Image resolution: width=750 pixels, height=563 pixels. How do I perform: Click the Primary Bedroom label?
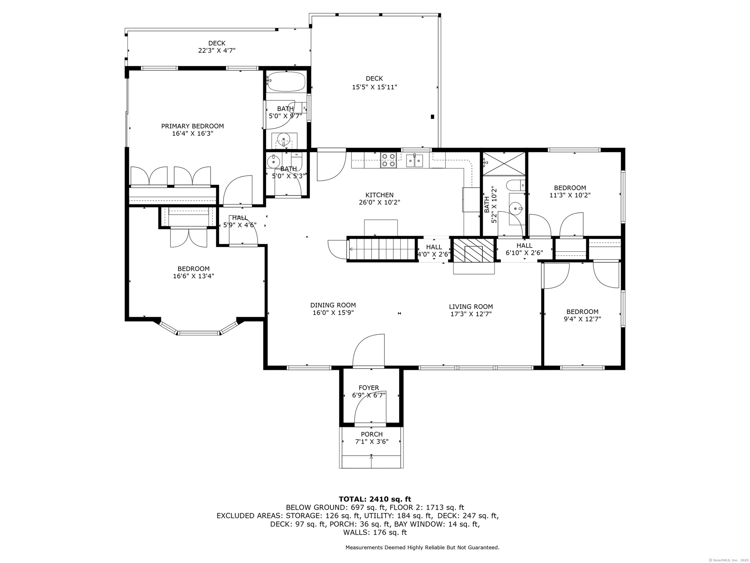coord(193,126)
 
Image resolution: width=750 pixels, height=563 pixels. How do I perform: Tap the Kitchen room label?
coord(379,195)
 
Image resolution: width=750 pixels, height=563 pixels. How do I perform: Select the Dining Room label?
coord(333,305)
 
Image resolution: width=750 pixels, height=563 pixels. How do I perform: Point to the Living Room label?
coord(471,307)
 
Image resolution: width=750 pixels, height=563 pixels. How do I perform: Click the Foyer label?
coord(369,388)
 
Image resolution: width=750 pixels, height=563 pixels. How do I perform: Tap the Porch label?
coord(371,434)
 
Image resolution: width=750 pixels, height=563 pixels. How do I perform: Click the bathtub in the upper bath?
coord(286,81)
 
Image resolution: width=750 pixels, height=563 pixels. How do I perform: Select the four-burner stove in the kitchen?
coord(389,160)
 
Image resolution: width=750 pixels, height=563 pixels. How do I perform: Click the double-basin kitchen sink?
coord(414,160)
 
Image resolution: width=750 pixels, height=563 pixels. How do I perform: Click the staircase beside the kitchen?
coord(382,249)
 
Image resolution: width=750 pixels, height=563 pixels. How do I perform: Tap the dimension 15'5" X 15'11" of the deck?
coord(374,87)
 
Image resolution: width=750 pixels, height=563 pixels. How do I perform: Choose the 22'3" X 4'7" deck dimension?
coord(217,50)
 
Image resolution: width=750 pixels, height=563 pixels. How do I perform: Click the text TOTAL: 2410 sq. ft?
coord(375,499)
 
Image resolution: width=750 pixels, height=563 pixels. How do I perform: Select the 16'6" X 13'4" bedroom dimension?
coord(193,276)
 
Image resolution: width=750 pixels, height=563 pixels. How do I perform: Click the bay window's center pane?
coord(198,333)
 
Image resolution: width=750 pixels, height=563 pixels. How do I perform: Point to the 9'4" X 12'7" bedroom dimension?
coord(582,319)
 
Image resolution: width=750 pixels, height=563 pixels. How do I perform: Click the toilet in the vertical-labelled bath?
coord(515,185)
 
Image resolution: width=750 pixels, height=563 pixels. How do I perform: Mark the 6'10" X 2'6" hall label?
coord(524,253)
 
